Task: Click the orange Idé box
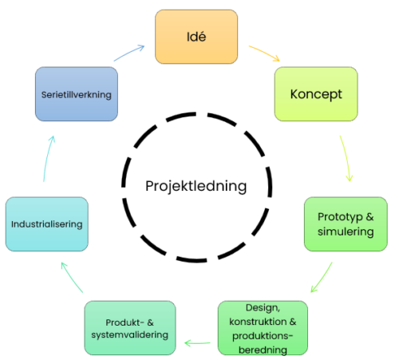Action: click(x=196, y=37)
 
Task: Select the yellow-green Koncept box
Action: click(x=316, y=94)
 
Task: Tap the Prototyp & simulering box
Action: click(x=346, y=224)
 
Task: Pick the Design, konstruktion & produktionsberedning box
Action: click(x=263, y=328)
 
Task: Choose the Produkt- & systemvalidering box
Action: click(x=130, y=328)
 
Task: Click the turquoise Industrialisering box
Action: click(x=47, y=224)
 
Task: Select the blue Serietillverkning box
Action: click(x=77, y=94)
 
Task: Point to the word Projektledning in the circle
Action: click(x=196, y=186)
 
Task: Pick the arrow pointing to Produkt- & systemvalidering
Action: click(x=197, y=343)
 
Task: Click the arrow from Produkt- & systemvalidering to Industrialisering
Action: click(x=71, y=277)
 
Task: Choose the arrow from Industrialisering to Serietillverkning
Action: click(x=48, y=158)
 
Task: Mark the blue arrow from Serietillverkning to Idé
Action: click(x=129, y=53)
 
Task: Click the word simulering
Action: click(x=346, y=231)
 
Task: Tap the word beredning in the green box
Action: click(x=263, y=350)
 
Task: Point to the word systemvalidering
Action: click(x=130, y=334)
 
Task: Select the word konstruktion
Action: click(x=258, y=322)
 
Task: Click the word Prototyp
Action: click(x=340, y=217)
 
